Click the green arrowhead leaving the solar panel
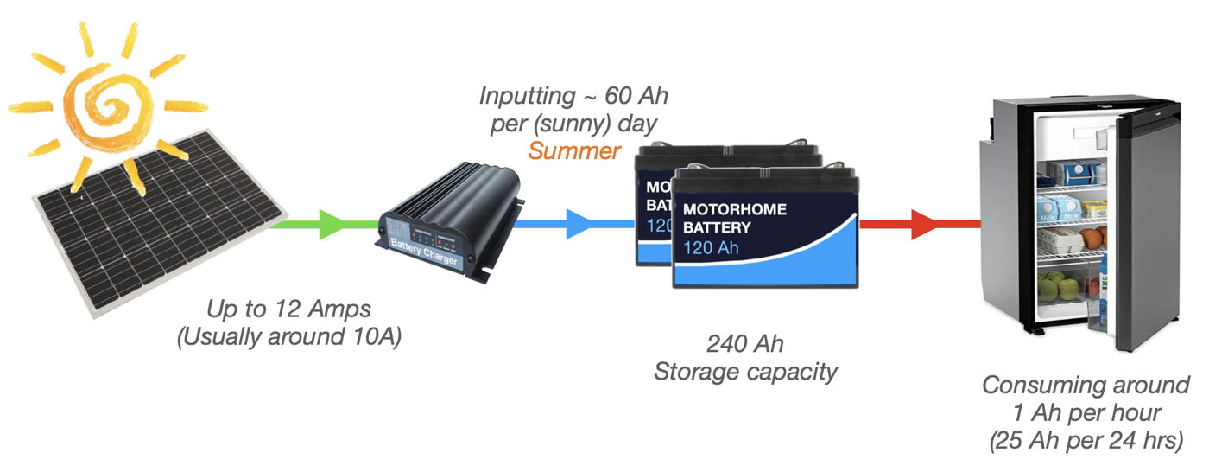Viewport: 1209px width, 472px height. click(x=333, y=225)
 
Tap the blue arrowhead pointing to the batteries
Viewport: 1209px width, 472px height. click(x=579, y=225)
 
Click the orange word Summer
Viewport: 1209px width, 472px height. click(x=574, y=151)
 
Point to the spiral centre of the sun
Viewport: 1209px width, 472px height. click(x=111, y=108)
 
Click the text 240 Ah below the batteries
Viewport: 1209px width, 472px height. click(x=745, y=344)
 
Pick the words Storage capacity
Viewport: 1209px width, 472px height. click(x=745, y=372)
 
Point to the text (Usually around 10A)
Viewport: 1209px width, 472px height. click(x=289, y=336)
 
